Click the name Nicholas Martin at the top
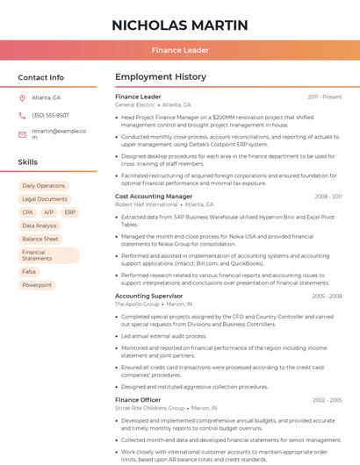pyautogui.click(x=179, y=25)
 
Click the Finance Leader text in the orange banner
pyautogui.click(x=179, y=50)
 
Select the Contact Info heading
pyautogui.click(x=40, y=77)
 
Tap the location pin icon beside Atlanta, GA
pyautogui.click(x=22, y=97)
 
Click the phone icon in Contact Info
pyautogui.click(x=22, y=115)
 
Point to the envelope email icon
pyautogui.click(x=22, y=134)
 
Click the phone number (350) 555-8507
pyautogui.click(x=50, y=115)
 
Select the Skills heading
pyautogui.click(x=28, y=162)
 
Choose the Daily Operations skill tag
pyautogui.click(x=43, y=186)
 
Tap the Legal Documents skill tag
pyautogui.click(x=44, y=199)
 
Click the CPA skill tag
pyautogui.click(x=28, y=212)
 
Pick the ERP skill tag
pyautogui.click(x=70, y=212)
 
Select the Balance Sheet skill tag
pyautogui.click(x=40, y=239)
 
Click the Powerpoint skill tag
pyautogui.click(x=37, y=285)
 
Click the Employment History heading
pyautogui.click(x=161, y=77)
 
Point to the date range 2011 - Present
pyautogui.click(x=325, y=97)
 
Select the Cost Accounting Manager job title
pyautogui.click(x=154, y=197)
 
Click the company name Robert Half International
pyautogui.click(x=147, y=204)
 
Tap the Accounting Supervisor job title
pyautogui.click(x=148, y=296)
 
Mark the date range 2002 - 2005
pyautogui.click(x=327, y=400)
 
